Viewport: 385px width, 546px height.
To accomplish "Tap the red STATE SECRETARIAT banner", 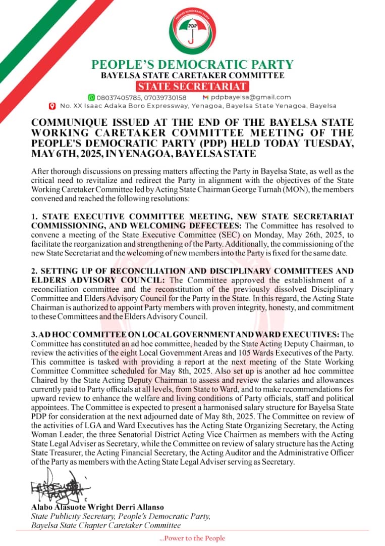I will pos(192,86).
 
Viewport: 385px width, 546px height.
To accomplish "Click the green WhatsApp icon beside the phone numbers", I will pos(91,97).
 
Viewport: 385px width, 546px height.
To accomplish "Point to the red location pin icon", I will pos(51,106).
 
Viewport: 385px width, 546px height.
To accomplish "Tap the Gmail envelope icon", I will pos(205,97).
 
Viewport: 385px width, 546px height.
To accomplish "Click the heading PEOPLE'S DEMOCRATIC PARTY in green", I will pos(192,65).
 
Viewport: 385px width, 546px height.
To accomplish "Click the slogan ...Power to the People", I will pos(192,538).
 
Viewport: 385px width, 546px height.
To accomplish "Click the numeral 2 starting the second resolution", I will pos(33,271).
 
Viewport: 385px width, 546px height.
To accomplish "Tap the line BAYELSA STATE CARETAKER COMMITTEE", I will pos(192,76).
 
